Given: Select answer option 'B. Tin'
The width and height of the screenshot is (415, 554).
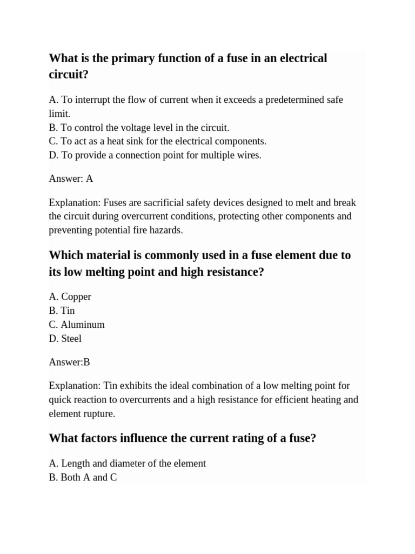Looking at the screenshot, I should coord(62,311).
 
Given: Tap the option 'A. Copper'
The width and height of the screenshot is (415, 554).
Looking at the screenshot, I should coord(70,296).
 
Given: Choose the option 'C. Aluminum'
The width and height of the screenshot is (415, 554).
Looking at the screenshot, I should coord(76,325).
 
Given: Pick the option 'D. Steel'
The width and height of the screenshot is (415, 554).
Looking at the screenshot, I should coord(65,339).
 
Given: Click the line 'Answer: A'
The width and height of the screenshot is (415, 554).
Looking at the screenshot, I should coord(71,179).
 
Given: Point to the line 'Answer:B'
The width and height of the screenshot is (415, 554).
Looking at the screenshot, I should coord(69,362).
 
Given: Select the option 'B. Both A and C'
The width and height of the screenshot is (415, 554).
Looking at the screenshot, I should coord(83,478).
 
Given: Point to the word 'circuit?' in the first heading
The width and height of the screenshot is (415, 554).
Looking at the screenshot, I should coord(68,75).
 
